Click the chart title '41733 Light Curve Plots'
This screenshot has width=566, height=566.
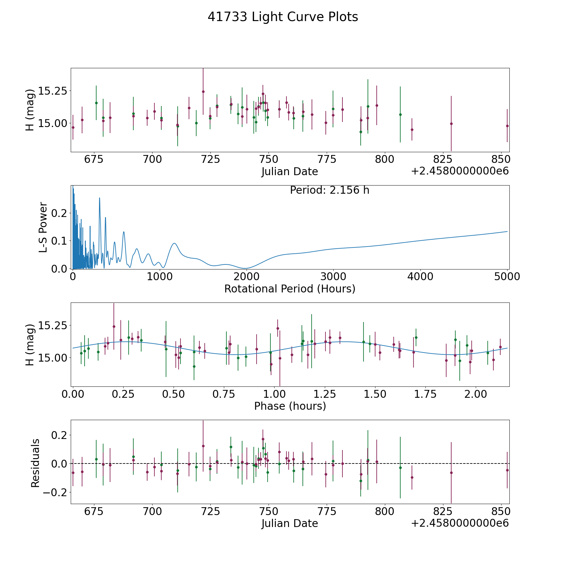(x=283, y=17)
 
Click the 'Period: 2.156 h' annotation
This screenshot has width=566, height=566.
(x=330, y=190)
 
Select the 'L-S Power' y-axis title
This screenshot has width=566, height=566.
(x=43, y=227)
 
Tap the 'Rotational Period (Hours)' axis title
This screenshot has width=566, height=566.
(x=290, y=289)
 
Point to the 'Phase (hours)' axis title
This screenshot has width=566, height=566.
(x=290, y=406)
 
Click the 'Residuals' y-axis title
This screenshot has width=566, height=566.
(x=35, y=463)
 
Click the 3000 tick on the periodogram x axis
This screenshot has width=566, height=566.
(x=333, y=277)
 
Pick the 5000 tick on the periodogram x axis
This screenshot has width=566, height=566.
(x=507, y=277)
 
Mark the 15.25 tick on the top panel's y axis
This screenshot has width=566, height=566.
(x=53, y=91)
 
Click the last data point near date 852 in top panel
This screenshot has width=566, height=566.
(x=507, y=126)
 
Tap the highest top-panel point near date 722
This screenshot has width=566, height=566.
(x=203, y=92)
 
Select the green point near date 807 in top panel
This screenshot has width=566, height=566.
(x=400, y=114)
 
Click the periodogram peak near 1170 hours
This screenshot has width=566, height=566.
(x=174, y=243)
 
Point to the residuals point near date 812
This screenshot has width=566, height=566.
(x=412, y=477)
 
